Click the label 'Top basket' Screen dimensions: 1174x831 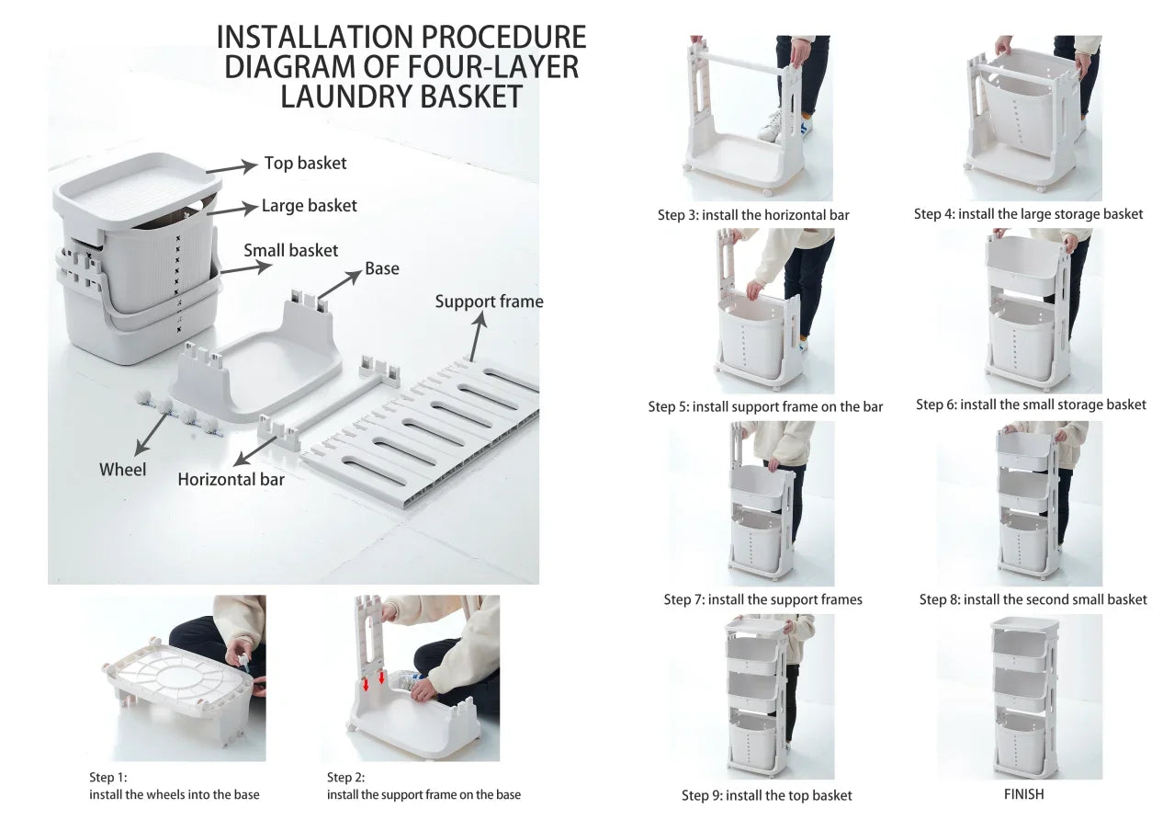305,163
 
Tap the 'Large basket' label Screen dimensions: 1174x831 310,206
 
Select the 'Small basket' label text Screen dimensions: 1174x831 291,250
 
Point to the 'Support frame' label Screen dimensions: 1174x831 489,302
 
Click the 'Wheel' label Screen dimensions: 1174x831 123,470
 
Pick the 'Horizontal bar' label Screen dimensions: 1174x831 231,480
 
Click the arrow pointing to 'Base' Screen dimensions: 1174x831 339,285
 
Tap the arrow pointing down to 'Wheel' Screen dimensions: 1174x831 152,434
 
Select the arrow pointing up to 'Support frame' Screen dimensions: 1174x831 478,336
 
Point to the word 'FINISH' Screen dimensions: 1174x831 1023,794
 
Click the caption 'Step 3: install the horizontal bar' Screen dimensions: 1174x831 753,215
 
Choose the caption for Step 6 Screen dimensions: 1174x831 1031,404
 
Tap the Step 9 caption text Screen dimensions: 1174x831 766,795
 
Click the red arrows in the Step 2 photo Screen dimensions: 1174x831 374,680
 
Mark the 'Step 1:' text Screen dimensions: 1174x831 108,777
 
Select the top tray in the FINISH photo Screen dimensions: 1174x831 1023,625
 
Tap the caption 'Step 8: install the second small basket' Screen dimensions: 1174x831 1033,599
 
